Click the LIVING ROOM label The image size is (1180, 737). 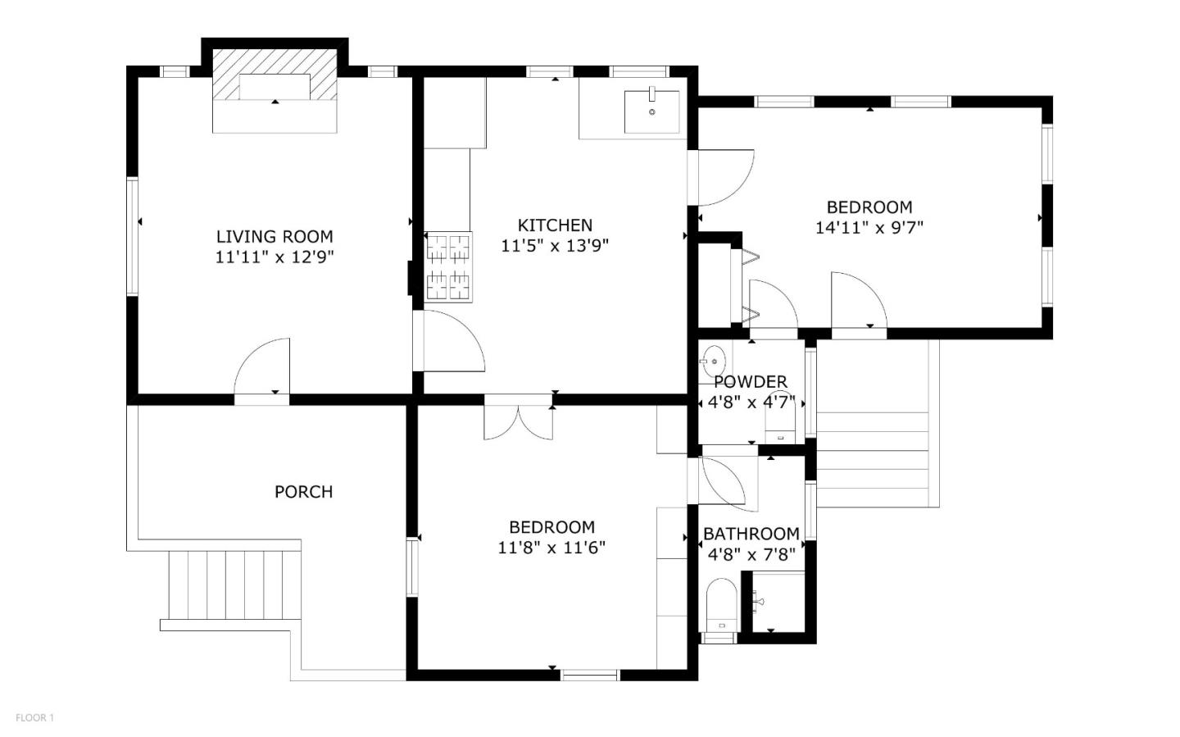(x=275, y=237)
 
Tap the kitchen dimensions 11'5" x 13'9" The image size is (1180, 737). (x=555, y=245)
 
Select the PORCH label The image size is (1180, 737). (x=303, y=492)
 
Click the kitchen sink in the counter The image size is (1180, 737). (x=651, y=111)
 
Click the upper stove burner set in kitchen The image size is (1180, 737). (x=449, y=247)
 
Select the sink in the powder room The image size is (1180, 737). (x=712, y=360)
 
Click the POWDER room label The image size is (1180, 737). (x=751, y=382)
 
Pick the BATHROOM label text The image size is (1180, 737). (x=751, y=535)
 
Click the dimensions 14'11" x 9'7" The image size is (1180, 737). (x=869, y=227)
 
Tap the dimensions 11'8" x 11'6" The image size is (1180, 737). (x=551, y=547)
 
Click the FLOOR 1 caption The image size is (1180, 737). (x=34, y=718)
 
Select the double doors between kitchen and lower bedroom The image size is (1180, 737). (x=518, y=418)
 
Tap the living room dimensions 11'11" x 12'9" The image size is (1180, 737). (x=275, y=257)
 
